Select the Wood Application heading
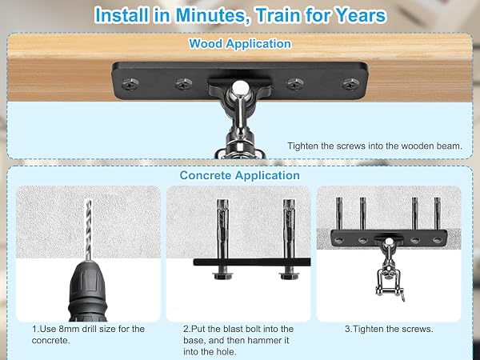coord(240,44)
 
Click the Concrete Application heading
coord(240,175)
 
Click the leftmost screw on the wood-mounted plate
coord(130,84)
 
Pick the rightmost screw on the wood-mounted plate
coord(351,84)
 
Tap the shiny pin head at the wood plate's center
coord(238,89)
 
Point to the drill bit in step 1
coord(88,230)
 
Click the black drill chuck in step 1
coord(88,291)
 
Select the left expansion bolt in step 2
coord(222,228)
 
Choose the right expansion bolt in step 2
coord(289,228)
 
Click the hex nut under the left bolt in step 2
coord(222,276)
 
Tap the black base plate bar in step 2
coord(252,262)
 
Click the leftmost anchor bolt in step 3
coord(339,214)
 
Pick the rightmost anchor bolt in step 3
coord(437,214)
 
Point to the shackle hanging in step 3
coord(388,283)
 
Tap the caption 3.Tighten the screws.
coord(389,330)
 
